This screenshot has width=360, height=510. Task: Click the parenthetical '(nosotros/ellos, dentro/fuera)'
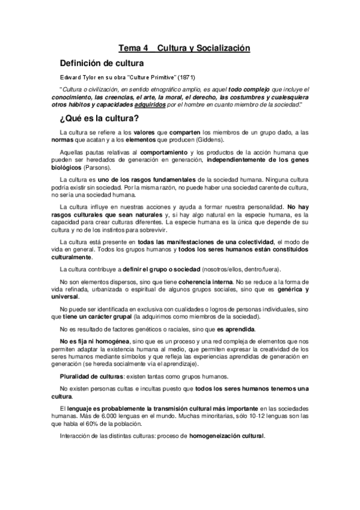coord(245,268)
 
